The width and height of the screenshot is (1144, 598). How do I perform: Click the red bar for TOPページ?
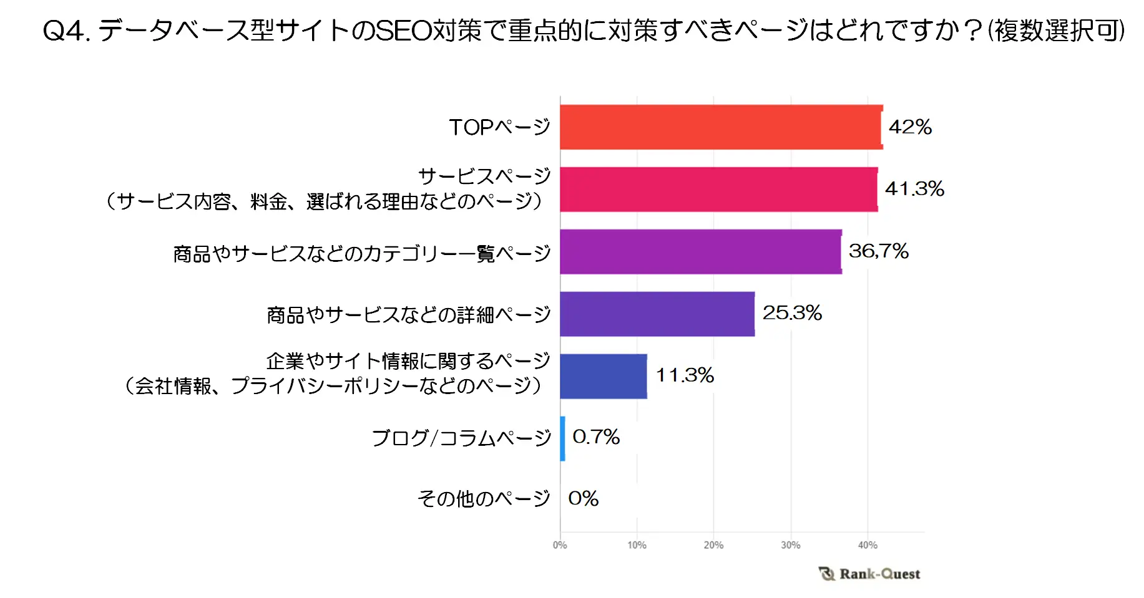721,127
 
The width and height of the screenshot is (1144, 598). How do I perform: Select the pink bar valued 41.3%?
718,190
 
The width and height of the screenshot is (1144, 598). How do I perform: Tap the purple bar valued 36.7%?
700,252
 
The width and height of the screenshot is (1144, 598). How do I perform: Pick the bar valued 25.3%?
657,314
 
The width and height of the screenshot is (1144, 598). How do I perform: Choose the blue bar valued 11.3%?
603,377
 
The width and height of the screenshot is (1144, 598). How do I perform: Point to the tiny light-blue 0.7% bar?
563,439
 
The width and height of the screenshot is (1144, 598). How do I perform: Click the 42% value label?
910,127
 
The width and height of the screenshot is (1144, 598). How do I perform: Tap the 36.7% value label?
878,251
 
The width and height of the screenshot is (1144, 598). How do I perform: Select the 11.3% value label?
685,375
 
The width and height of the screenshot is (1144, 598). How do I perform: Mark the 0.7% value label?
596,437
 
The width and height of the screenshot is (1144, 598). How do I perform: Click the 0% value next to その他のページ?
583,499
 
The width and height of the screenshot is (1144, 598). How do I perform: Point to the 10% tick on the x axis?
637,546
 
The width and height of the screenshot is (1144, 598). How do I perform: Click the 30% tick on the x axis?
790,546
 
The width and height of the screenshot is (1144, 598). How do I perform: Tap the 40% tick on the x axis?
868,546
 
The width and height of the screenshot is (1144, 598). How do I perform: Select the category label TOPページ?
499,128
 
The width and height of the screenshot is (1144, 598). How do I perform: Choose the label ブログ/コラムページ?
461,438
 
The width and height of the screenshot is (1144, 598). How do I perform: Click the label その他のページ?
484,499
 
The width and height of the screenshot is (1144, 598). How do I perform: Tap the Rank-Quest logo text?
879,574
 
